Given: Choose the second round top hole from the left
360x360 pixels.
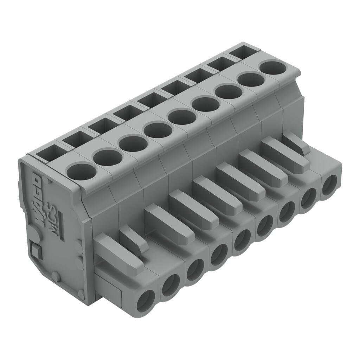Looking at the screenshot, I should tap(108, 157).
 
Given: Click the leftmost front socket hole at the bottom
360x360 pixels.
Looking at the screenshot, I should tap(146, 301).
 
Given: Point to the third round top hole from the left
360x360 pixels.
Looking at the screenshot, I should tap(133, 143).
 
